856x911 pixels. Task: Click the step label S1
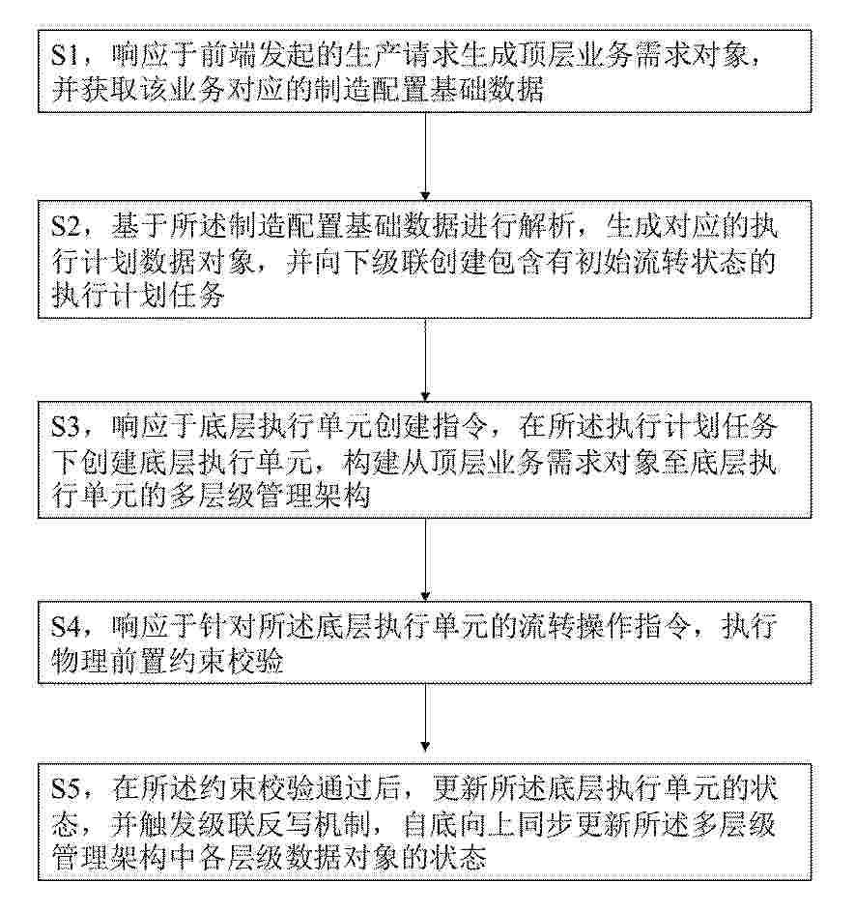pos(66,56)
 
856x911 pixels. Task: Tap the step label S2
pos(66,227)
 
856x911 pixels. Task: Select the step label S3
pos(66,428)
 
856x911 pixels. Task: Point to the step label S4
pos(66,627)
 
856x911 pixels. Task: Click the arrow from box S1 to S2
pos(425,156)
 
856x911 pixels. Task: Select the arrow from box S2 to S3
pos(425,359)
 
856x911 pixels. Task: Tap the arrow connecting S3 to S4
pos(425,559)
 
